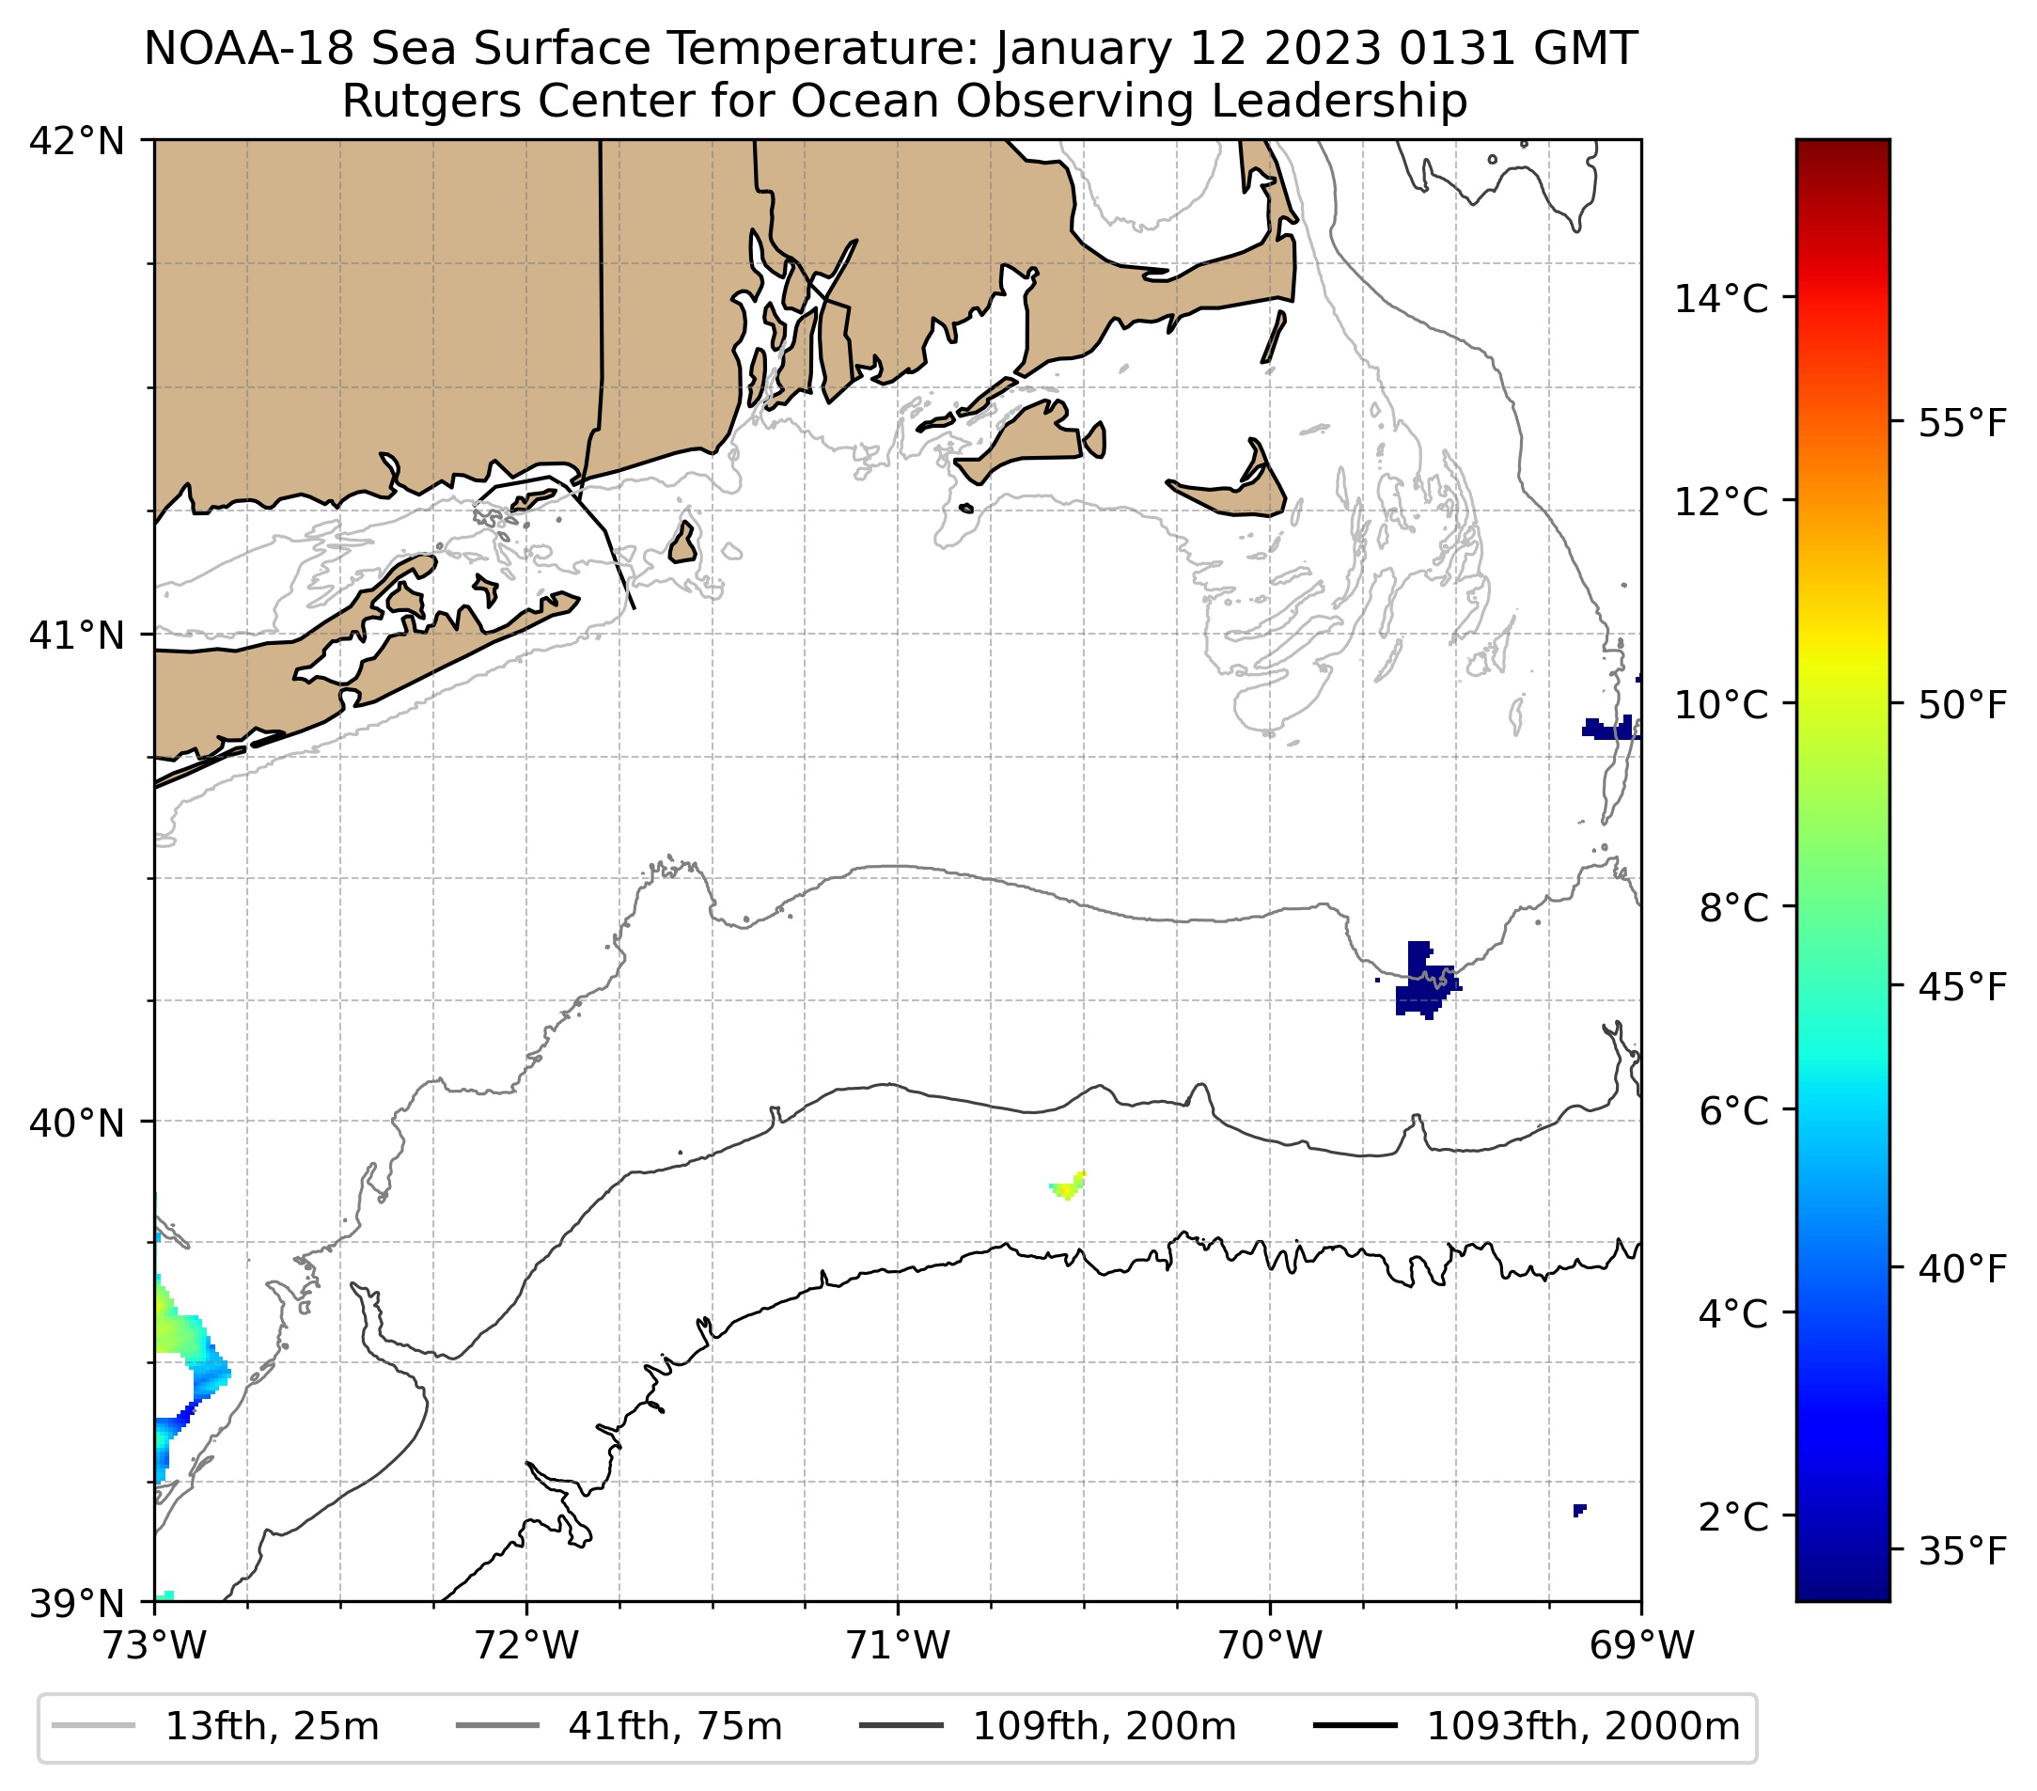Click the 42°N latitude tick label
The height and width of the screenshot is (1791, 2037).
[77, 142]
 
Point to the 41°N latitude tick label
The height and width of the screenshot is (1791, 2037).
[77, 635]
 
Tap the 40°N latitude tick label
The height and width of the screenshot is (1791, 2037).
[77, 1123]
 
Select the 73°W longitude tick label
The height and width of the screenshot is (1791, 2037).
[154, 1645]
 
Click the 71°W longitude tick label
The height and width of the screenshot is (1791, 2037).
[898, 1645]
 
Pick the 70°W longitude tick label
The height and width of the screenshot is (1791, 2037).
[1271, 1645]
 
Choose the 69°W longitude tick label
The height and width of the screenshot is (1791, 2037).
[1641, 1645]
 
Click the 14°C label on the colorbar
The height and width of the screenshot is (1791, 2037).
[1720, 298]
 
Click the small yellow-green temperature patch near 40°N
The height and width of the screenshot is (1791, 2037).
[1067, 1186]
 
